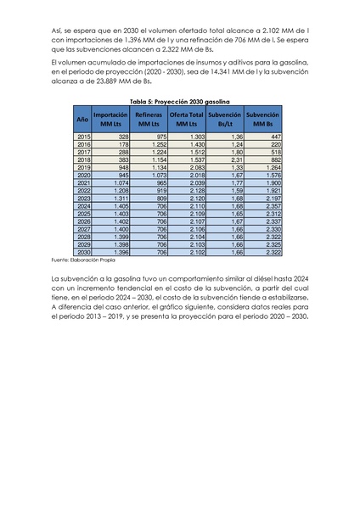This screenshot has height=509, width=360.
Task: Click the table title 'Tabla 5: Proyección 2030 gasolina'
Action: [180, 100]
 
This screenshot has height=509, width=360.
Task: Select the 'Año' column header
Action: [83, 119]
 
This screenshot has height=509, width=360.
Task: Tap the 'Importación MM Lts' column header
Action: [110, 119]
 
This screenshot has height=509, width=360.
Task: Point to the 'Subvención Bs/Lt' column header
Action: [225, 119]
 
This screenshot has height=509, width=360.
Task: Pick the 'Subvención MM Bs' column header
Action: [263, 119]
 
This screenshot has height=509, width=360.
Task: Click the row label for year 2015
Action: [83, 137]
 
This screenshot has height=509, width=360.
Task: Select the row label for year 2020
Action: [83, 175]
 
